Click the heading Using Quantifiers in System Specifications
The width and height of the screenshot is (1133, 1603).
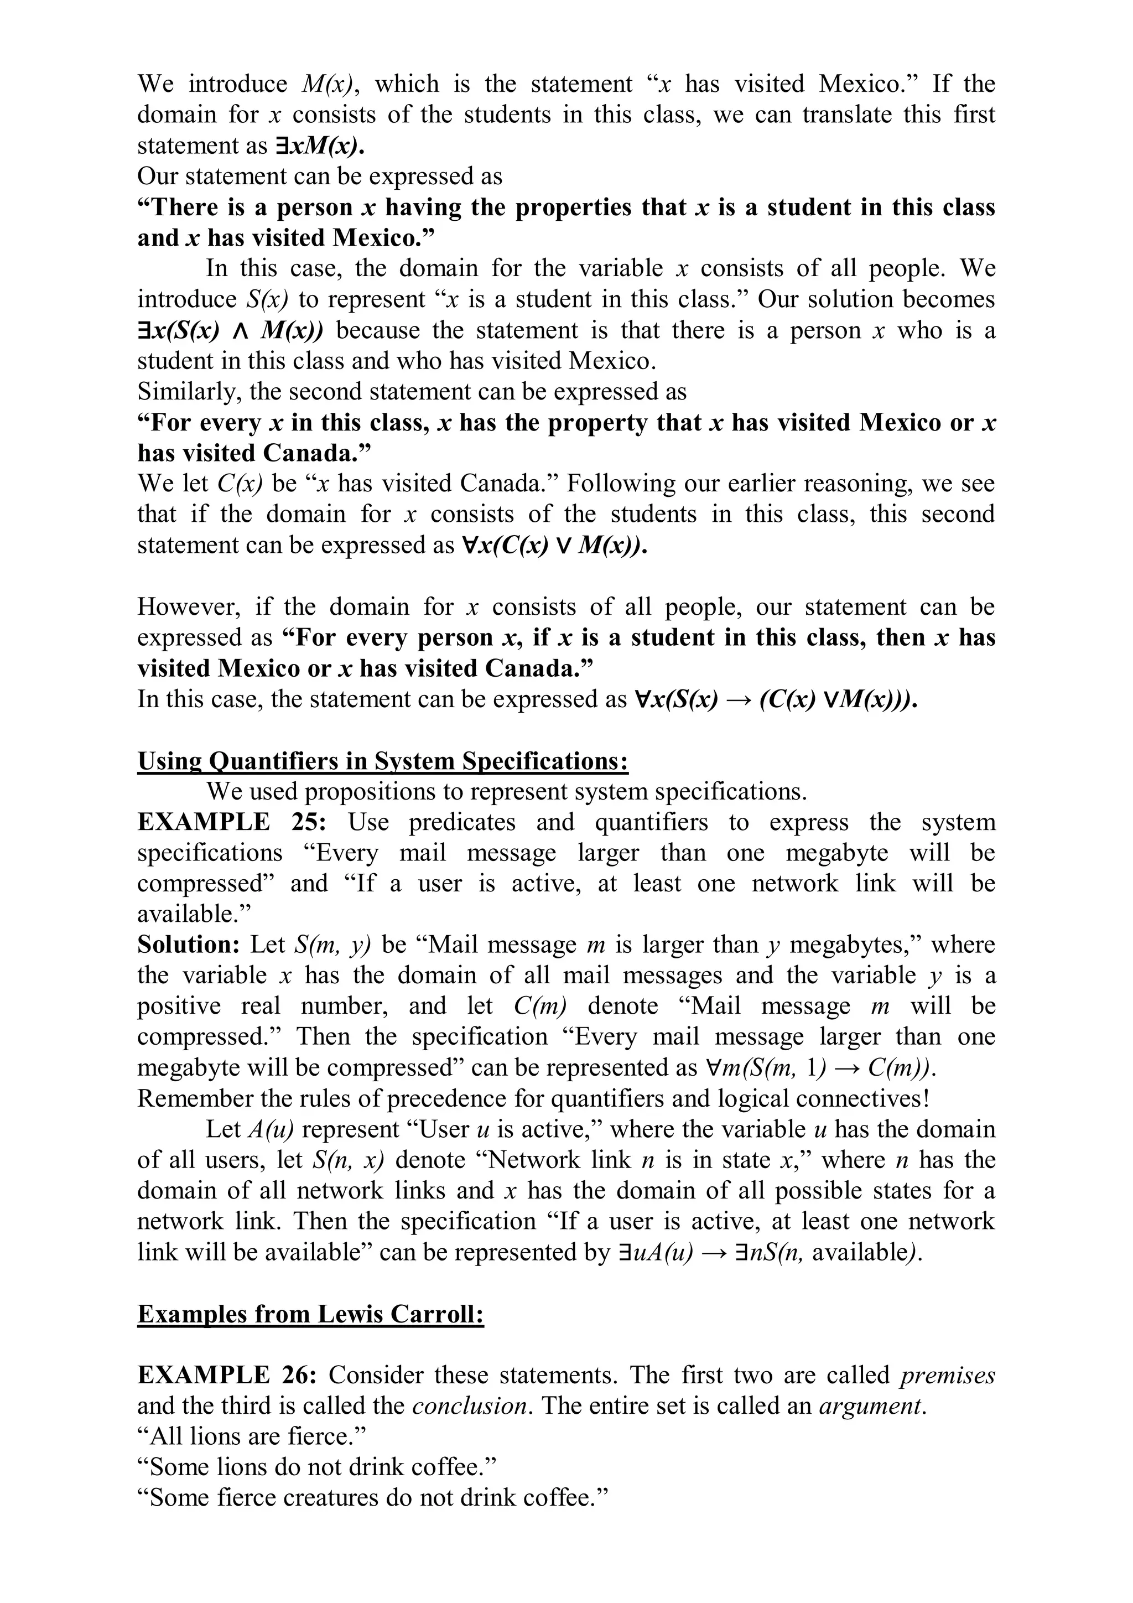click(382, 760)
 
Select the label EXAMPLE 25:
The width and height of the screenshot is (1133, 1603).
click(231, 822)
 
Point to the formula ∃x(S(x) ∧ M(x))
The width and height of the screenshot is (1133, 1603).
click(230, 330)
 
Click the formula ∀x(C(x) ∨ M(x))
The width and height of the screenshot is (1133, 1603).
click(555, 545)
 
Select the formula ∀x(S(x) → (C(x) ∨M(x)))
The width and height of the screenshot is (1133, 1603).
click(775, 699)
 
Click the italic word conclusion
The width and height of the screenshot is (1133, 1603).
click(469, 1405)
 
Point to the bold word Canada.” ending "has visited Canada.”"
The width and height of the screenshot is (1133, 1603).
click(318, 453)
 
